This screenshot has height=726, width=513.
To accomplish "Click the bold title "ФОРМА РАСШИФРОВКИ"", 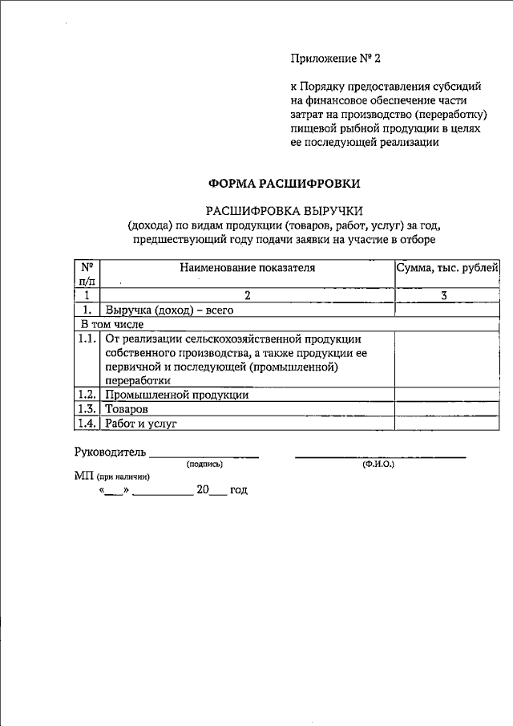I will (x=284, y=183).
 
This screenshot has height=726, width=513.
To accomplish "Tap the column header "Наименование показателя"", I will (x=248, y=267).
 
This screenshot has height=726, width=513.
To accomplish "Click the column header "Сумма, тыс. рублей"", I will (x=447, y=267).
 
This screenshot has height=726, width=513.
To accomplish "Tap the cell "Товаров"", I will (x=127, y=408).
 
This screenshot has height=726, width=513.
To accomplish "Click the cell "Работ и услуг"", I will (x=140, y=423).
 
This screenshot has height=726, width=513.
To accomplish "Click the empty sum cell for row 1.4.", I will (x=447, y=423).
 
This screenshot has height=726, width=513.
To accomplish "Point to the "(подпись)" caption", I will (x=204, y=464).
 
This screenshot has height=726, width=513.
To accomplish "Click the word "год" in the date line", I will (x=239, y=489).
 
